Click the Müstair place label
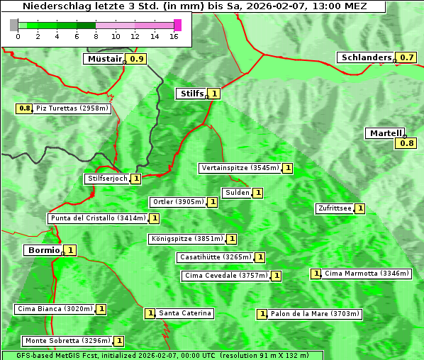click(104, 59)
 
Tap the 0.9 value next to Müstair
click(137, 59)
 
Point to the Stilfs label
click(191, 93)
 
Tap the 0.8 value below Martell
click(406, 143)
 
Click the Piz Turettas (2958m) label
click(72, 108)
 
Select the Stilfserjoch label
click(107, 179)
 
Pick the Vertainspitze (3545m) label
click(240, 168)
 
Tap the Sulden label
click(236, 193)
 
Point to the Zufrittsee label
click(335, 208)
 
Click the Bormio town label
click(43, 250)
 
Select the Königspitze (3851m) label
click(186, 239)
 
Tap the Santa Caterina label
click(184, 313)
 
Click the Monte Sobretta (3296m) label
click(67, 341)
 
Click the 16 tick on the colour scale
click(174, 37)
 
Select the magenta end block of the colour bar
click(177, 26)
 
